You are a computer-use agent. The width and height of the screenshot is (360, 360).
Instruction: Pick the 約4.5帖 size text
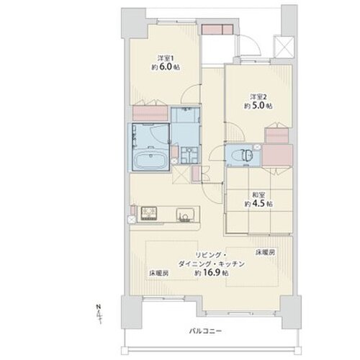[x=257, y=204]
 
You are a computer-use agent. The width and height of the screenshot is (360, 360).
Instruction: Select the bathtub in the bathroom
[x=150, y=159]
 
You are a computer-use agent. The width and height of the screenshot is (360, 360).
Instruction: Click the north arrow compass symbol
[x=98, y=312]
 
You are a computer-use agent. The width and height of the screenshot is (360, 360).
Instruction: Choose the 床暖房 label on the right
[x=264, y=253]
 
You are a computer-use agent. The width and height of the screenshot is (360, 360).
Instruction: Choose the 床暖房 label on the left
[x=159, y=273]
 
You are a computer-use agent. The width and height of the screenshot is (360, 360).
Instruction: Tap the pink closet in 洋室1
[x=148, y=113]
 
